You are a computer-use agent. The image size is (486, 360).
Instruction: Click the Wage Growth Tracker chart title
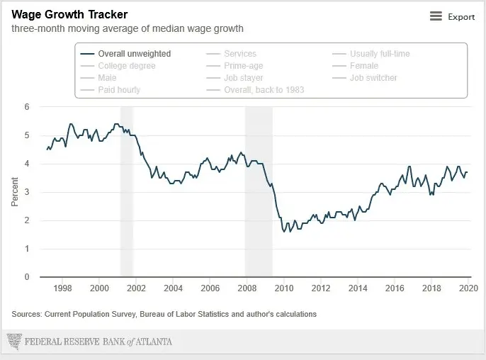pyautogui.click(x=69, y=14)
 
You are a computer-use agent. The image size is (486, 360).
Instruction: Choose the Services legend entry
pyautogui.click(x=239, y=54)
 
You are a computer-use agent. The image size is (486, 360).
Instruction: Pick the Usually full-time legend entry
pyautogui.click(x=379, y=54)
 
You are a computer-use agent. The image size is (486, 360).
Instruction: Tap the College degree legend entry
pyautogui.click(x=126, y=66)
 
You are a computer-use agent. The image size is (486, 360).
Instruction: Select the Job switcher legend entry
pyautogui.click(x=373, y=78)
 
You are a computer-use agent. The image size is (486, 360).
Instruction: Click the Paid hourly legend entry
pyautogui.click(x=118, y=90)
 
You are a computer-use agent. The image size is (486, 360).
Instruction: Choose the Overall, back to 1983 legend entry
pyautogui.click(x=264, y=90)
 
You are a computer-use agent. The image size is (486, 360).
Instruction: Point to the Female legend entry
pyautogui.click(x=364, y=66)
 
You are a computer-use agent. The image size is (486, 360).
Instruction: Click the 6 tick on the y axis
pyautogui.click(x=27, y=107)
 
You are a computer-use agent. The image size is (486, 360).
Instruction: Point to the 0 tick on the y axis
pyautogui.click(x=27, y=277)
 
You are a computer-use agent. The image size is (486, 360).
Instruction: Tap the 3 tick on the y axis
pyautogui.click(x=27, y=192)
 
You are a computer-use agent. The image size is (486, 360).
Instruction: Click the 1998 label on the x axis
pyautogui.click(x=62, y=288)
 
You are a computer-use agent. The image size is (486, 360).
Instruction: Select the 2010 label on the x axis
pyautogui.click(x=283, y=288)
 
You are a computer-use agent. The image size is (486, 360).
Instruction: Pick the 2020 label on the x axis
pyautogui.click(x=468, y=288)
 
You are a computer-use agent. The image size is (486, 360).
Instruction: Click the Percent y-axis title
pyautogui.click(x=15, y=192)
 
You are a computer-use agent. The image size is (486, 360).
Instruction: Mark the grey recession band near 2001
pyautogui.click(x=126, y=191)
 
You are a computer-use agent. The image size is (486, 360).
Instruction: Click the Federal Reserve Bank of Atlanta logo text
pyautogui.click(x=98, y=342)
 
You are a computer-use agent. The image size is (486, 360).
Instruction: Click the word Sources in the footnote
pyautogui.click(x=26, y=314)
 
